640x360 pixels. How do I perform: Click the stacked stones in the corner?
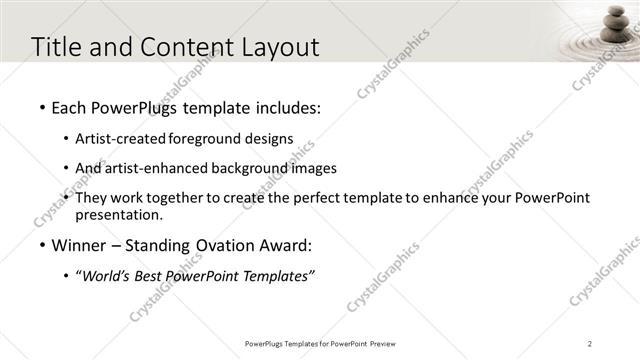point(613,28)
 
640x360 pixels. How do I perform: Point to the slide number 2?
point(590,343)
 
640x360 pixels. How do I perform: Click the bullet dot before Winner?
point(41,244)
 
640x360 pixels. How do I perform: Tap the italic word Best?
point(153,276)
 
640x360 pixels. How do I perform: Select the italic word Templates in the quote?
point(278,276)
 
